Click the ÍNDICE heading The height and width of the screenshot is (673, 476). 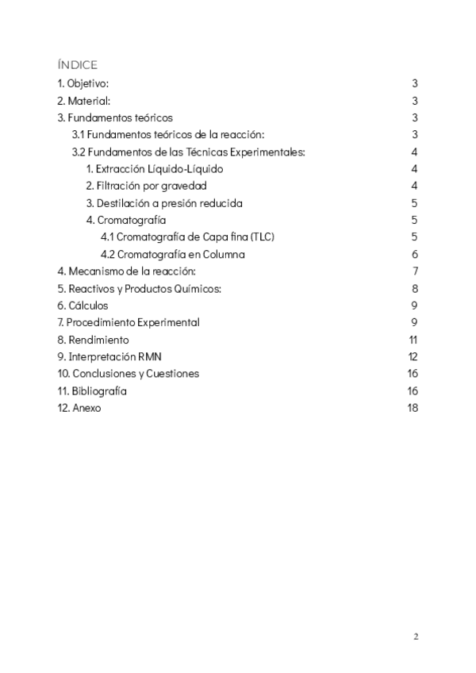point(77,64)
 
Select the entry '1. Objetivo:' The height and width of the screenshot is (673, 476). point(83,83)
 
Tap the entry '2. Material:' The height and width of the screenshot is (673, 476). point(83,101)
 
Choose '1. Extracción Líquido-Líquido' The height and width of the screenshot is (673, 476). point(155,169)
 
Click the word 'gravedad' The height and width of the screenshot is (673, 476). point(184,186)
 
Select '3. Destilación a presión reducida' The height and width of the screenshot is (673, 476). point(164,203)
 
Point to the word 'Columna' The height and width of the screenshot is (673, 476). point(225,255)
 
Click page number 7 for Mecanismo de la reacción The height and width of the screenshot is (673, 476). point(415,271)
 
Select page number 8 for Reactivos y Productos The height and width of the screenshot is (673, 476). point(415,288)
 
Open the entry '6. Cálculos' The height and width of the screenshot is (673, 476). point(83,306)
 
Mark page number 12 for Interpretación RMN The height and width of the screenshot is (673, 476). point(413,356)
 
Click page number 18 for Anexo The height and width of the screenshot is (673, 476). point(413,408)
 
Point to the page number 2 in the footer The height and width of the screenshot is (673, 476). point(415,637)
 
